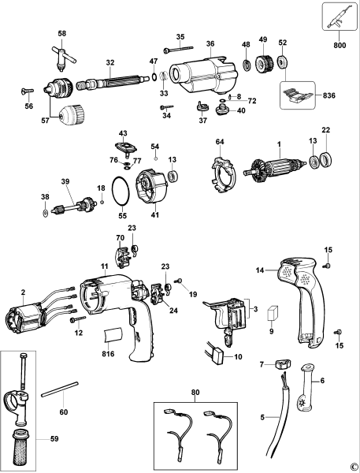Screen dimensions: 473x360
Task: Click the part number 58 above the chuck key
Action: (x=62, y=34)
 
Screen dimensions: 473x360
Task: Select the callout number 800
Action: (x=340, y=46)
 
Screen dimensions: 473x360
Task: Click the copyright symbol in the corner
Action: (x=354, y=466)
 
